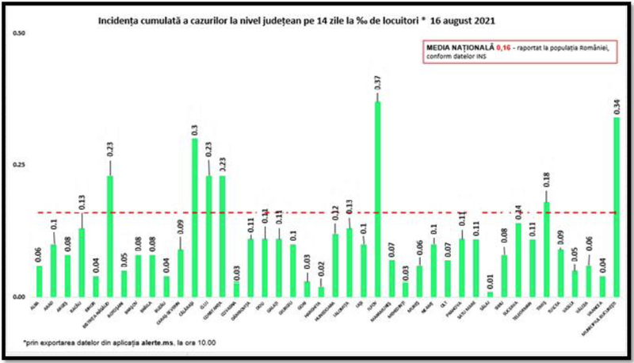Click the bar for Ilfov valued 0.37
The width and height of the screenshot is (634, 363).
point(377,198)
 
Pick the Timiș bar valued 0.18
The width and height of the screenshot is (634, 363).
point(546,249)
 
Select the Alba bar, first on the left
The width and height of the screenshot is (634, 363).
point(39,281)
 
